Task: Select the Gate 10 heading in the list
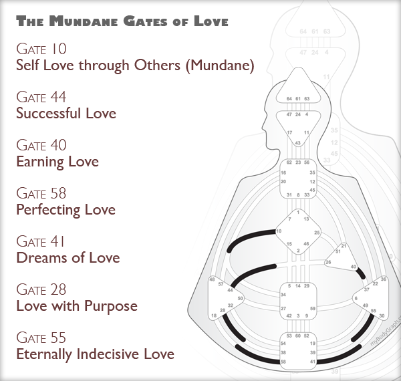point(41,49)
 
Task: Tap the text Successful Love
point(65,113)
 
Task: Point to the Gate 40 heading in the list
point(41,146)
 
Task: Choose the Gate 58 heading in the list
point(41,194)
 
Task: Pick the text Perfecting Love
point(65,209)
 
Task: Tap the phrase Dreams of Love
point(68,257)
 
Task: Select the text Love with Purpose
point(76,306)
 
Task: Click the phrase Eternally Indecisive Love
point(95,354)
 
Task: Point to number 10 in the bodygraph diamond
point(278,231)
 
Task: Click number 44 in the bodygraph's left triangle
point(230,290)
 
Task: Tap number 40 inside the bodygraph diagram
point(353,267)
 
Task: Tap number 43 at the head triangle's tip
point(297,142)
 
